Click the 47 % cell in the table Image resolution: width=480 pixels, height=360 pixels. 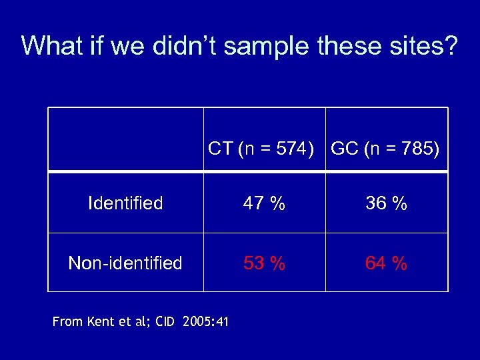click(x=265, y=204)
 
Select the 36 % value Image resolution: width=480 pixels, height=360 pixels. click(x=386, y=204)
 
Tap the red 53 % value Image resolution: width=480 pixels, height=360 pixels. click(x=265, y=263)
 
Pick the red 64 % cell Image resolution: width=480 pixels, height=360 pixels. click(x=386, y=263)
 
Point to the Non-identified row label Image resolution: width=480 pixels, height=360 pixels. click(x=125, y=263)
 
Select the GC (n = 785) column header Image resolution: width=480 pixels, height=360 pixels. click(x=385, y=149)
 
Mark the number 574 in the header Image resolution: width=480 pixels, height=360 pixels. click(x=288, y=149)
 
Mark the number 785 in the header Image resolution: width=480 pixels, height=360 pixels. click(x=413, y=149)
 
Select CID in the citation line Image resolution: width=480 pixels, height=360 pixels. click(x=165, y=322)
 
